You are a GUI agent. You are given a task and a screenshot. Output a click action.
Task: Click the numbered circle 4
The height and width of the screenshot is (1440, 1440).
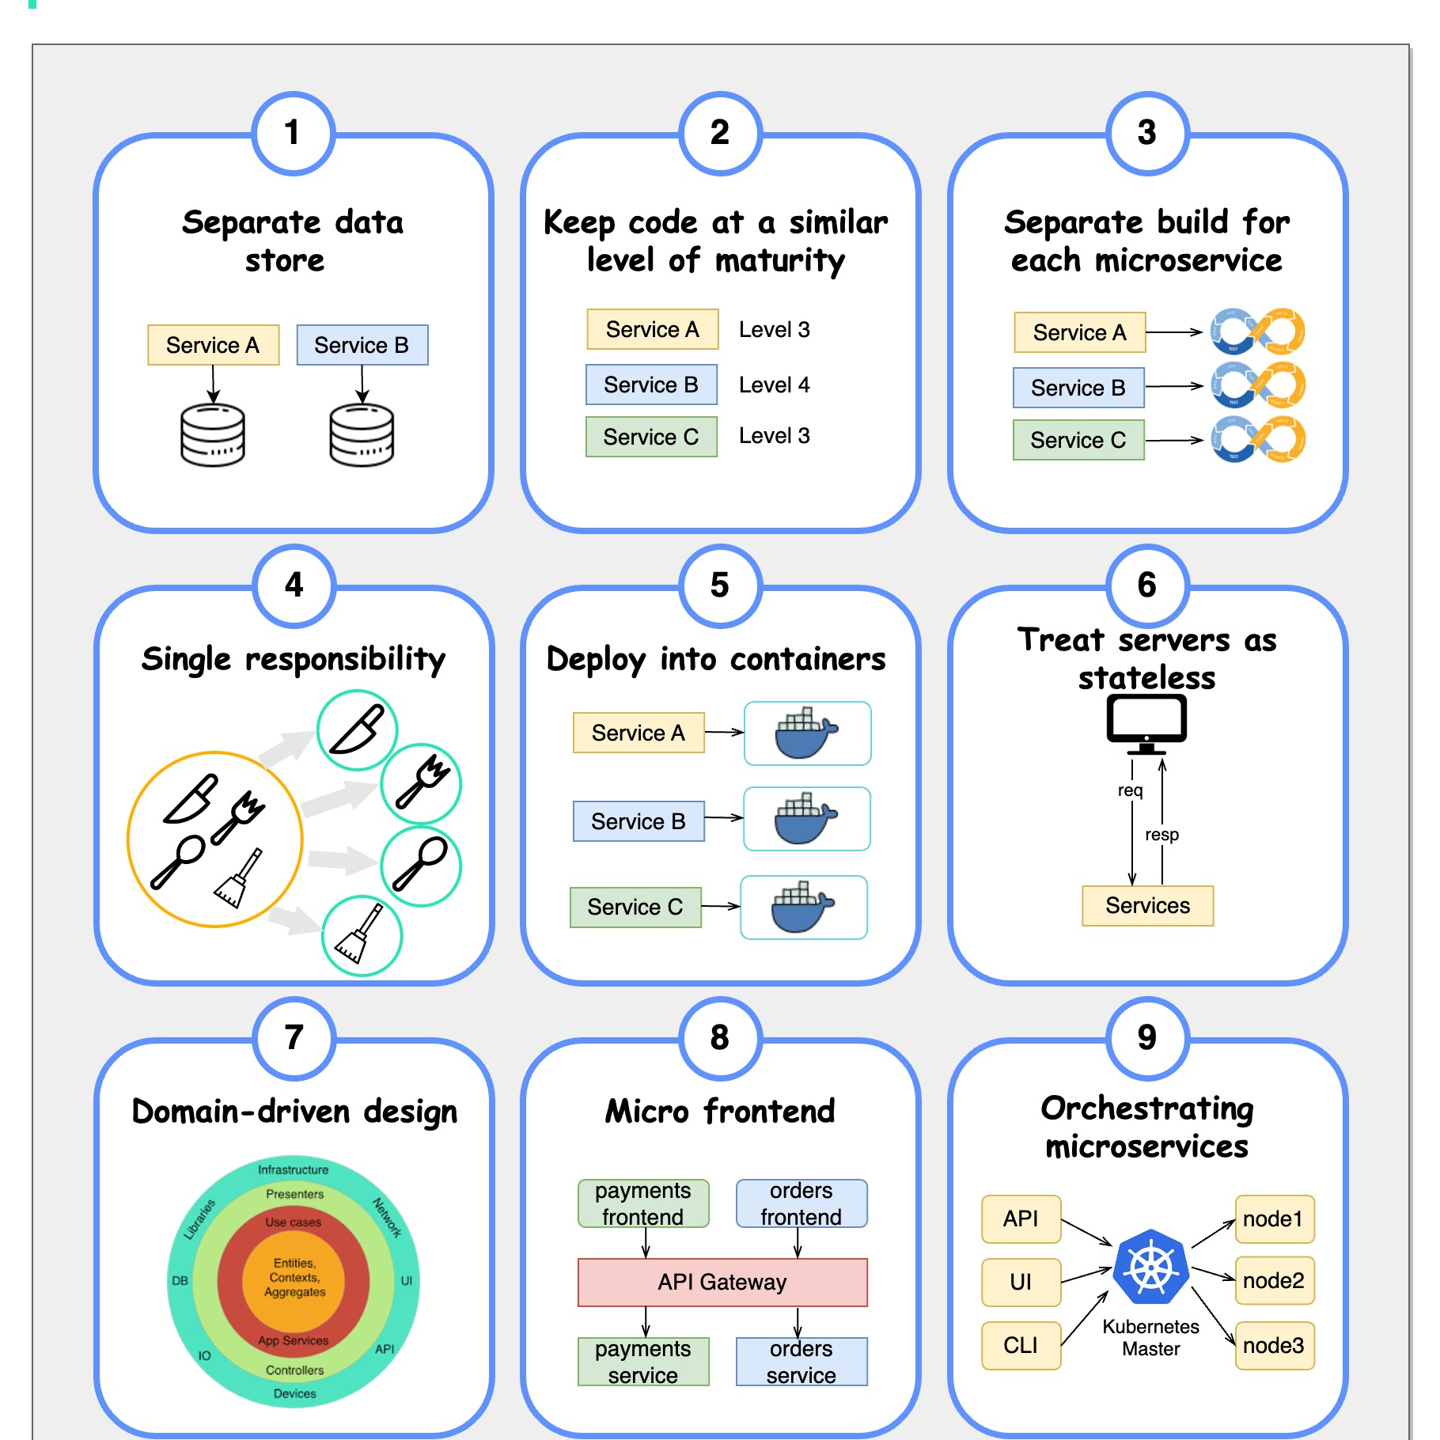294,585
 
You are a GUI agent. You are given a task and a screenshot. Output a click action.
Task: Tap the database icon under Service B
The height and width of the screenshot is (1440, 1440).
362,434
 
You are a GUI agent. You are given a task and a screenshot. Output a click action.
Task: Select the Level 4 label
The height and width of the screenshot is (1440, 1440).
774,385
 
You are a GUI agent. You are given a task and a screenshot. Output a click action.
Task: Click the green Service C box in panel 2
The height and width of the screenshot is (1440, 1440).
651,437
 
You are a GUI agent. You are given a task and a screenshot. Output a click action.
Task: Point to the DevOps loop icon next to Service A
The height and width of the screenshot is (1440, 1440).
1258,332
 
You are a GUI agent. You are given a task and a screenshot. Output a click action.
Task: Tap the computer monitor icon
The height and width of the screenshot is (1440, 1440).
1146,722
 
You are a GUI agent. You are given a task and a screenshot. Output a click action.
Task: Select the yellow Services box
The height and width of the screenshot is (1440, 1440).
1147,905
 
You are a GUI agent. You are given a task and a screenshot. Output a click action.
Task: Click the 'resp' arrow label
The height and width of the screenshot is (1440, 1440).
1161,835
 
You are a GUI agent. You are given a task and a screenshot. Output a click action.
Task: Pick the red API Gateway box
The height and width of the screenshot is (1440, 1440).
722,1282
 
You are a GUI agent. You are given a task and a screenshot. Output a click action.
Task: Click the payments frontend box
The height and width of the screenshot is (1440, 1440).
643,1203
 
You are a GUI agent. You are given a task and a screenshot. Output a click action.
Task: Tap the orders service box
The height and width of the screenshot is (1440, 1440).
801,1361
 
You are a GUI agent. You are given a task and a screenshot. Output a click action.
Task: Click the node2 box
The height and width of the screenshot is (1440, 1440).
1274,1280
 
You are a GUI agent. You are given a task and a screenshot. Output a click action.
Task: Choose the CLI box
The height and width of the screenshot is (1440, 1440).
1021,1345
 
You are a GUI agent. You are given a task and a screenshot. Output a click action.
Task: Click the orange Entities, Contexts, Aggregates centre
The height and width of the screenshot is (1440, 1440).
294,1278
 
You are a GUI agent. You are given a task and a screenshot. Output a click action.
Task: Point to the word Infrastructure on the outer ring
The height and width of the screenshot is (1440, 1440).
293,1169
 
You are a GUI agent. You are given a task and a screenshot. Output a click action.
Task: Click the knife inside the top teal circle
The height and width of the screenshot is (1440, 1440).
357,729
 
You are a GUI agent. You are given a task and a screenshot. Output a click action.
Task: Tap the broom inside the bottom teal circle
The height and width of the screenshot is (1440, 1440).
361,935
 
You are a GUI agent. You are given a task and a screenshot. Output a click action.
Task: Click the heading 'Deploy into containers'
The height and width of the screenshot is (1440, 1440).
716,659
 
